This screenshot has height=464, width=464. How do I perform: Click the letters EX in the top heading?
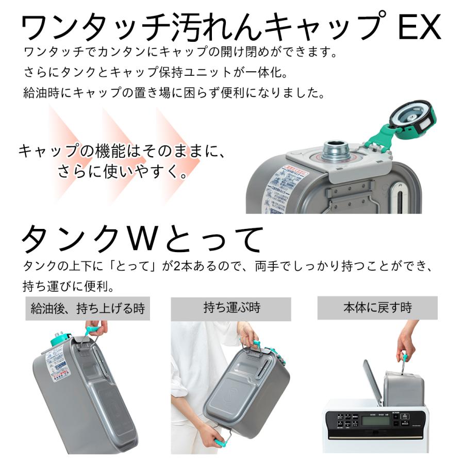coord(420,28)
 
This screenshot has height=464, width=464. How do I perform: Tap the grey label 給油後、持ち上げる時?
coord(88,309)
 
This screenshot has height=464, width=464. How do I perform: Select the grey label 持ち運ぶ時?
coord(231,308)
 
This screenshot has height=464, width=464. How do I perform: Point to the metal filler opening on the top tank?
coord(335,149)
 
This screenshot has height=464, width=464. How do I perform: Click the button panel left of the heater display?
coord(343,420)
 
